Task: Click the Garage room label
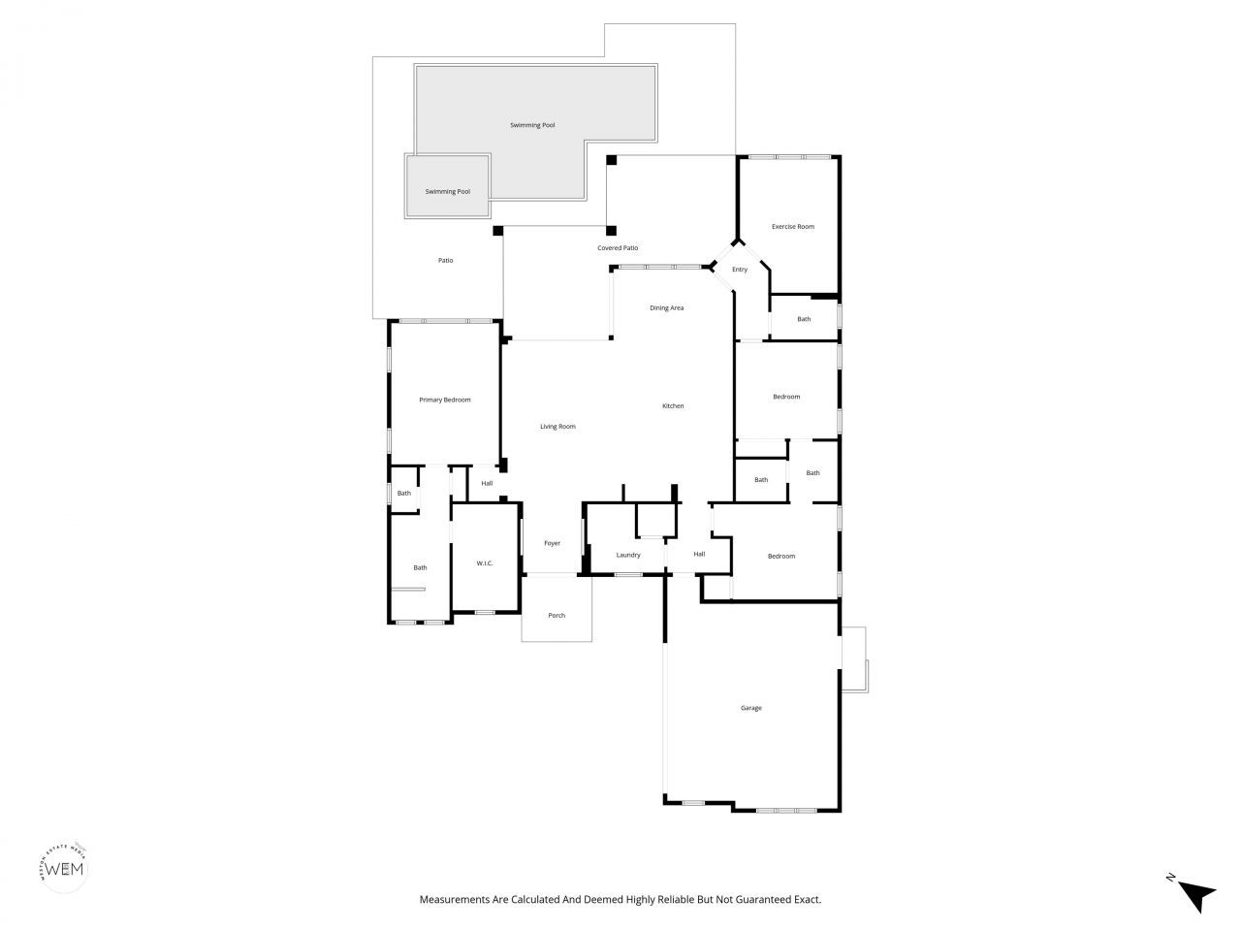750,708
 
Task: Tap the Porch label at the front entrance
557,615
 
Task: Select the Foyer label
552,543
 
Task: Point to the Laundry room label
628,555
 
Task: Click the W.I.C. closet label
485,563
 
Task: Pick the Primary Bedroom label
444,400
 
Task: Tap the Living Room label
557,427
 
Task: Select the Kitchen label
673,405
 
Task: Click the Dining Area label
666,307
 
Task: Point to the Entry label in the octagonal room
740,269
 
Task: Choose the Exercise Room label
792,226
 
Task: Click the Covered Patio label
618,248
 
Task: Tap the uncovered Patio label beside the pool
445,260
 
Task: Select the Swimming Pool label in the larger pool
532,125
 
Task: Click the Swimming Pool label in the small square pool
448,191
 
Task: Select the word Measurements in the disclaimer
452,900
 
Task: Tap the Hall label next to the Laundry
698,554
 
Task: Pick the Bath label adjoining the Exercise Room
804,319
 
